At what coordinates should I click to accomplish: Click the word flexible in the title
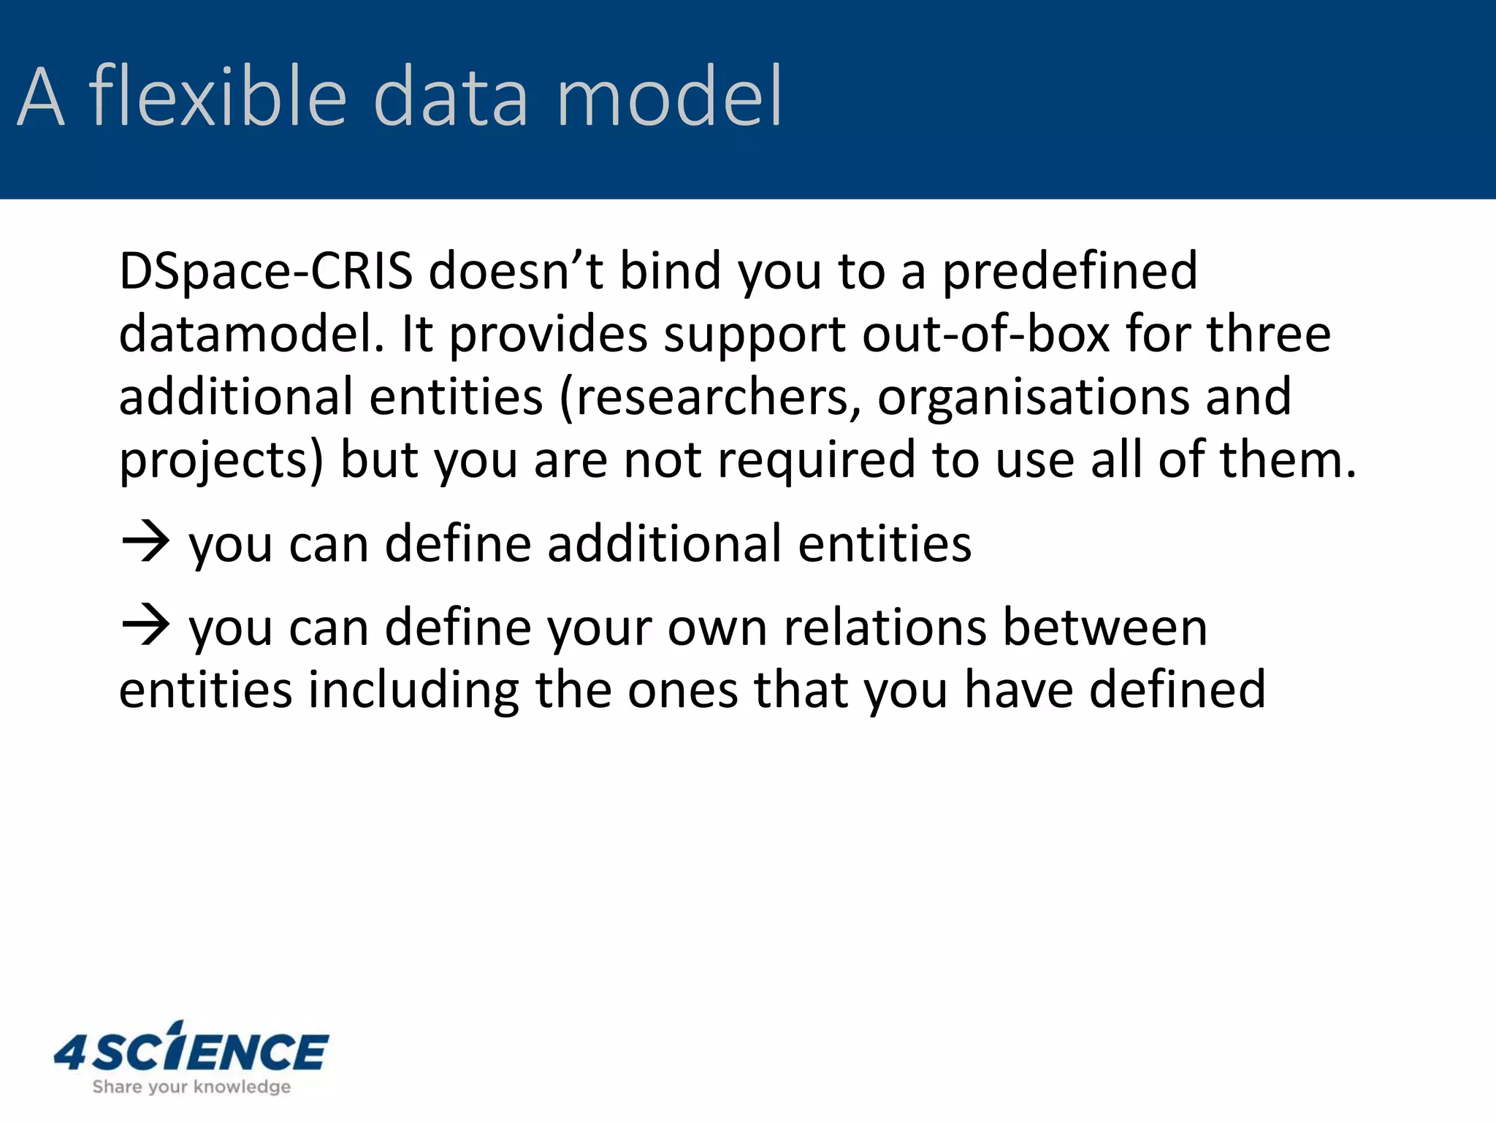coord(217,96)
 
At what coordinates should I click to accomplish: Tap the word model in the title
coord(669,96)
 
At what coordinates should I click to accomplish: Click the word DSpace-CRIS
coord(266,272)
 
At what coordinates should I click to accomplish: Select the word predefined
coord(1069,272)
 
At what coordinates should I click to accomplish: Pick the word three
coord(1268,335)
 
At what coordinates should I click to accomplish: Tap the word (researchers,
coord(710,398)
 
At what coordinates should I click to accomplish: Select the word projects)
coord(221,462)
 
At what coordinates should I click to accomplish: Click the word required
coord(816,462)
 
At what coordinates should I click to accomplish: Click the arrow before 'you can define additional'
coord(145,542)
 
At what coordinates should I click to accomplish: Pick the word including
coord(413,691)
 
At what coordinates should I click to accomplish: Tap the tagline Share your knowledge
coord(191,1087)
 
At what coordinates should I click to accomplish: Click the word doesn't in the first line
coord(516,272)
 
